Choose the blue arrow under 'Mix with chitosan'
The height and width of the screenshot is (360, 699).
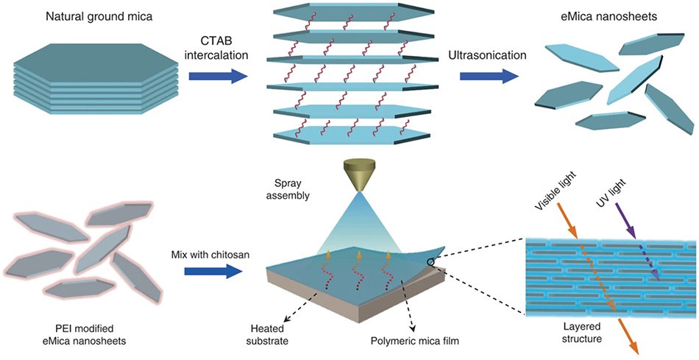pos(213,272)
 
